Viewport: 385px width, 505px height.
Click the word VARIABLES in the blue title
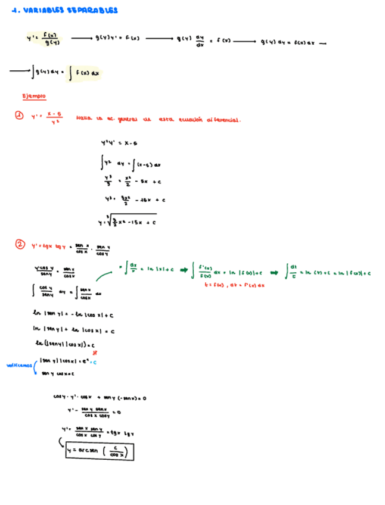(45, 10)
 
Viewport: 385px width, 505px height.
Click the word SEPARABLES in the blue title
(92, 10)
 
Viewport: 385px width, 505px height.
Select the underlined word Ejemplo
(33, 96)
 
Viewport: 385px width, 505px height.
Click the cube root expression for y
(128, 220)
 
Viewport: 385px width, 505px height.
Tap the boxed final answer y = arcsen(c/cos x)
(100, 453)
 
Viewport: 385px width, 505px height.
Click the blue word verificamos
(18, 365)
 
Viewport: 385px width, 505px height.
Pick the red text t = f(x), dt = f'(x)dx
(234, 285)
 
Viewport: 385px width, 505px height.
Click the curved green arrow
(107, 273)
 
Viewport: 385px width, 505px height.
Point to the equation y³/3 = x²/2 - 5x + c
(129, 180)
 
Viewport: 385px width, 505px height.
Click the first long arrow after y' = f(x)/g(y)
(81, 39)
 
